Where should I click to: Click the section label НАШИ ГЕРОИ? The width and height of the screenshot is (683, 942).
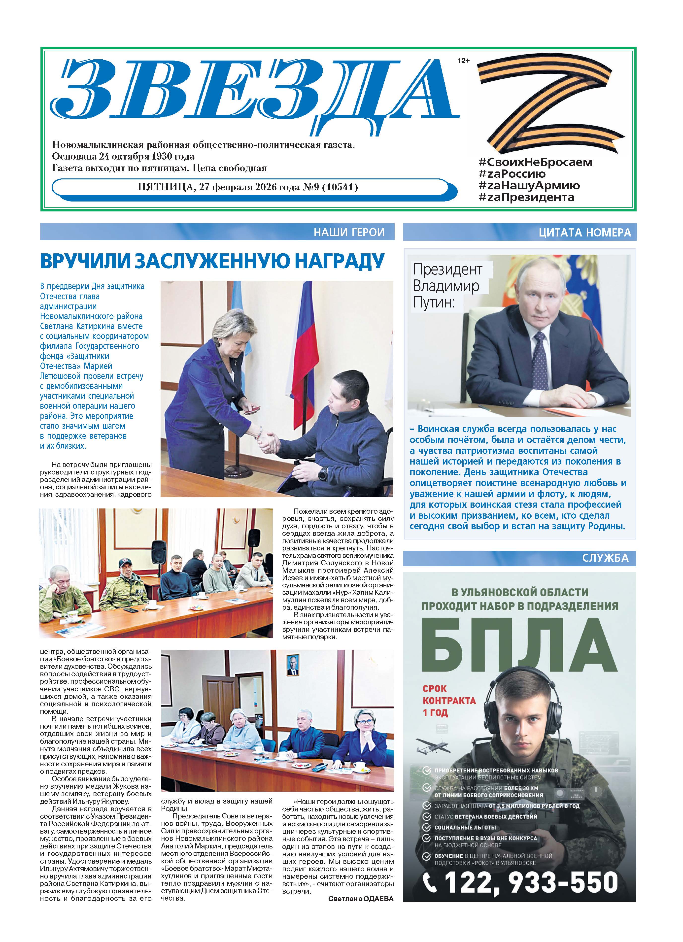[349, 232]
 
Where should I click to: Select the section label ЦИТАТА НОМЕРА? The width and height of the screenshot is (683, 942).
[584, 233]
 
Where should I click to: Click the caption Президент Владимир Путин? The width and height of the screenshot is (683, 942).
[447, 286]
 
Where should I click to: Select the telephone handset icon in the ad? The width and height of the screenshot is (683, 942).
[430, 882]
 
